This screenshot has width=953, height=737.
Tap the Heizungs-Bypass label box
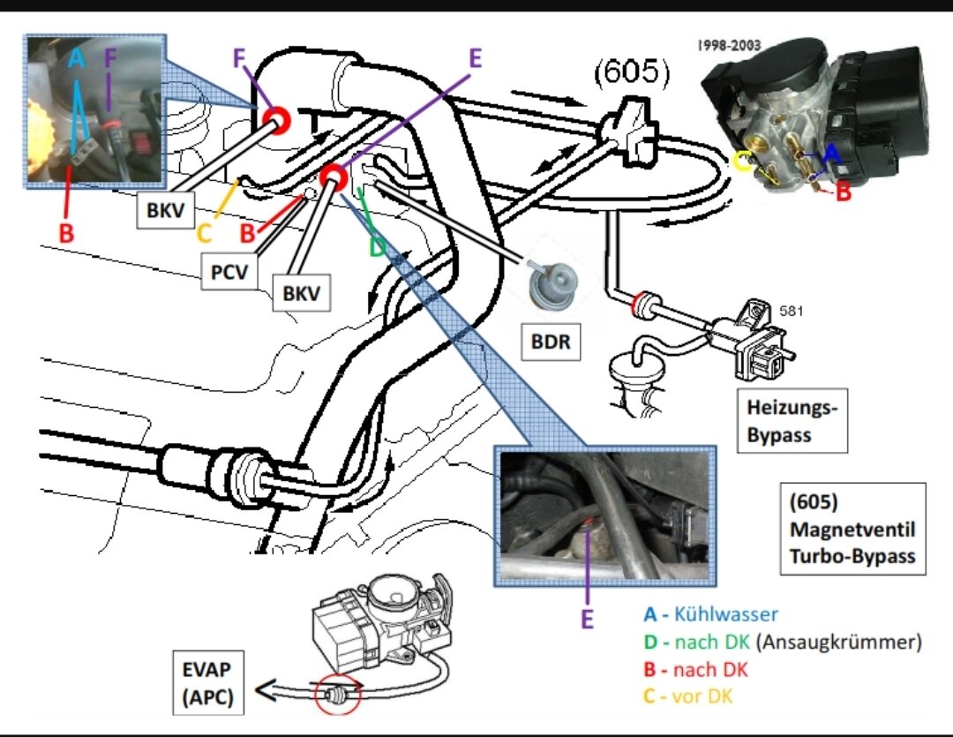click(x=792, y=420)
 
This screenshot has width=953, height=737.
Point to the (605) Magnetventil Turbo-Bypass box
click(x=852, y=528)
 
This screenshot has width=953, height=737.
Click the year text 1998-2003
click(x=729, y=44)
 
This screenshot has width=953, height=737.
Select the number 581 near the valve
click(x=791, y=311)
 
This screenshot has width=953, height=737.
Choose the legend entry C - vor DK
click(x=688, y=696)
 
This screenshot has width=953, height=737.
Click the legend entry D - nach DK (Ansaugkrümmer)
click(x=783, y=642)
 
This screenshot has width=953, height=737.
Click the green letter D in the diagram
click(x=377, y=246)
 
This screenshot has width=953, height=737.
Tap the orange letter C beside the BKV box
click(x=204, y=234)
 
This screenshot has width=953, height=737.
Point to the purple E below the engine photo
click(x=587, y=620)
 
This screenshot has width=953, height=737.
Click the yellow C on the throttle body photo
click(x=743, y=161)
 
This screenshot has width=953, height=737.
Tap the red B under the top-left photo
click(x=64, y=234)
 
